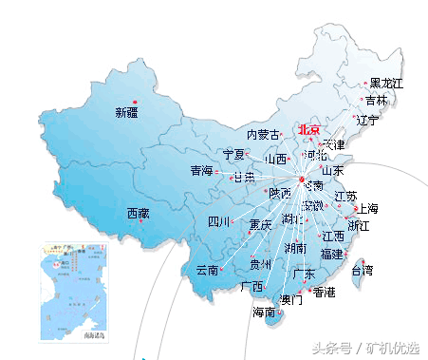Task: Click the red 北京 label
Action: point(309,130)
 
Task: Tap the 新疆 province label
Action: point(127,113)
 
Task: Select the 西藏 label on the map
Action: point(138,214)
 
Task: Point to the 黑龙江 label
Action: point(386,85)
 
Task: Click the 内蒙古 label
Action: point(263,135)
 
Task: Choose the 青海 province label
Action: point(201,171)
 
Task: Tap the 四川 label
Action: point(219,222)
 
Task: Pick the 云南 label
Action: point(207,270)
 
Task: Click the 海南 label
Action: point(264,312)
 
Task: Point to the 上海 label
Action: point(366,209)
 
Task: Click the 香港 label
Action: point(324,292)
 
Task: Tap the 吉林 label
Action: point(376,101)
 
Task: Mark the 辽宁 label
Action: point(366,121)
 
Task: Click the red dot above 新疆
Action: point(135,101)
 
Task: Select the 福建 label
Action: point(331,254)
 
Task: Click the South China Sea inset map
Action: point(73,293)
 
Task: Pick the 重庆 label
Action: point(260,226)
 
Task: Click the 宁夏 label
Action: point(233,154)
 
